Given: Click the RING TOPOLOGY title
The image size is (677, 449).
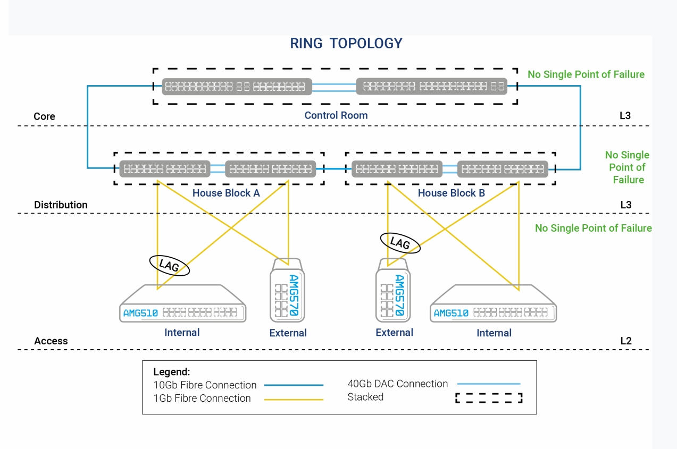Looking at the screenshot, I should (x=346, y=44).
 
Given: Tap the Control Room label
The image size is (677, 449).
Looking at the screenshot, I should (x=336, y=115).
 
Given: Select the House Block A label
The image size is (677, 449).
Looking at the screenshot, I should (x=226, y=193).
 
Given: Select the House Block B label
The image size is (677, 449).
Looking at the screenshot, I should (x=451, y=193).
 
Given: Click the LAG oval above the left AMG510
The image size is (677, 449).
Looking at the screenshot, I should (x=169, y=265).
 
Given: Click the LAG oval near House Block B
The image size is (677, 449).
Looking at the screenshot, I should (x=400, y=242).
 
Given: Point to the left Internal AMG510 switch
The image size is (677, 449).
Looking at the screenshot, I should (x=182, y=305).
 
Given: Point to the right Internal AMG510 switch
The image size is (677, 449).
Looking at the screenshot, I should (x=493, y=305).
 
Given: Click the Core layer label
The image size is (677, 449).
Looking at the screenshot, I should (x=44, y=116).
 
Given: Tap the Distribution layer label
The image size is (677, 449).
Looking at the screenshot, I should (x=61, y=205).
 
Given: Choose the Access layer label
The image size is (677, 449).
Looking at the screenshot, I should (x=51, y=341).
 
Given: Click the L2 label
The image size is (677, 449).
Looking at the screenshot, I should (x=626, y=341).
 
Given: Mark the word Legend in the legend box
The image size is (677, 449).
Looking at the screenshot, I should (x=171, y=372).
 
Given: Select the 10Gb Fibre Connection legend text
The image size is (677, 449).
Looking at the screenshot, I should (x=205, y=385).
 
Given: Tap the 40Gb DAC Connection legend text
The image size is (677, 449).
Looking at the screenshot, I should (x=397, y=384).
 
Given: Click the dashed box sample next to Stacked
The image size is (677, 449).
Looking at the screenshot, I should (x=489, y=397).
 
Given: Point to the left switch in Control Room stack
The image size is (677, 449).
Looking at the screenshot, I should (x=237, y=86).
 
